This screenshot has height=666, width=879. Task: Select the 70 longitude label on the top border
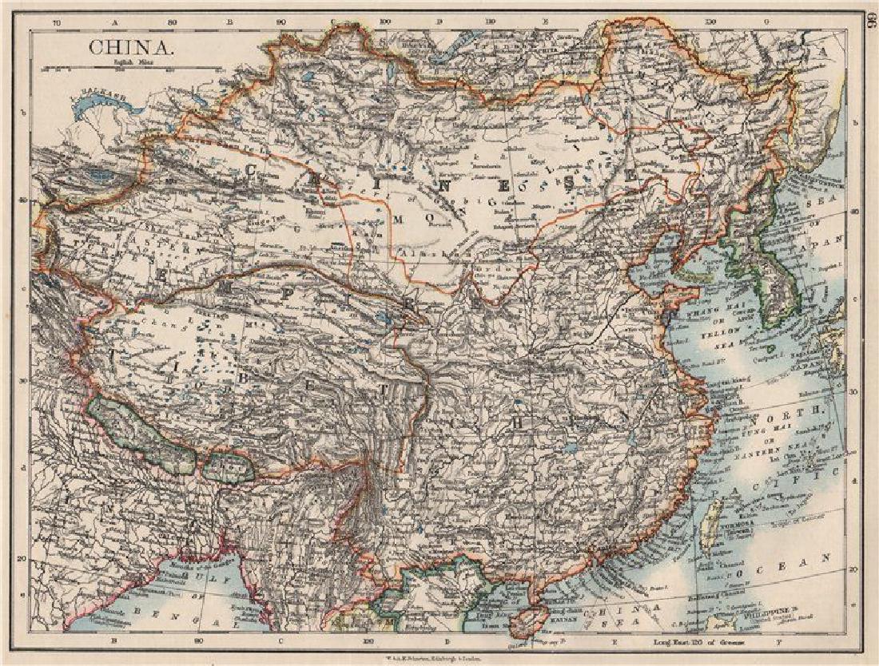tap(56, 22)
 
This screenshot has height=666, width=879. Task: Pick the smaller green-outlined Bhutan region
tap(228, 466)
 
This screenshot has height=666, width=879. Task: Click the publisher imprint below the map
tap(439, 657)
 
